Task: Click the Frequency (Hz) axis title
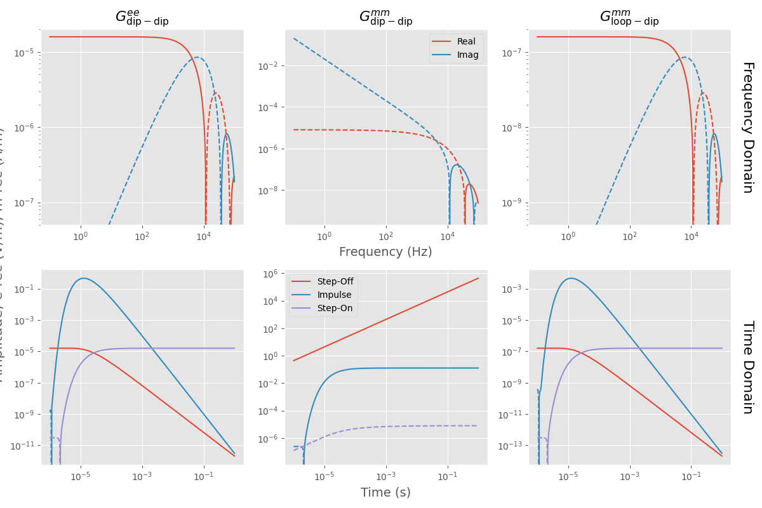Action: (x=385, y=252)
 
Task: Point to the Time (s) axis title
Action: (x=385, y=492)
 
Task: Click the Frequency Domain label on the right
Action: (x=747, y=127)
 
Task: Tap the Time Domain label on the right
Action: (x=747, y=367)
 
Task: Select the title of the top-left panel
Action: (x=142, y=18)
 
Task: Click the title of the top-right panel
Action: (x=629, y=18)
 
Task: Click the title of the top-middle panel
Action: (x=385, y=18)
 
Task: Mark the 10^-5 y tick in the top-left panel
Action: (x=27, y=52)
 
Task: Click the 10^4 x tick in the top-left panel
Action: (x=203, y=236)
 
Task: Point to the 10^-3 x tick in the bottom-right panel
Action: (x=629, y=476)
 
